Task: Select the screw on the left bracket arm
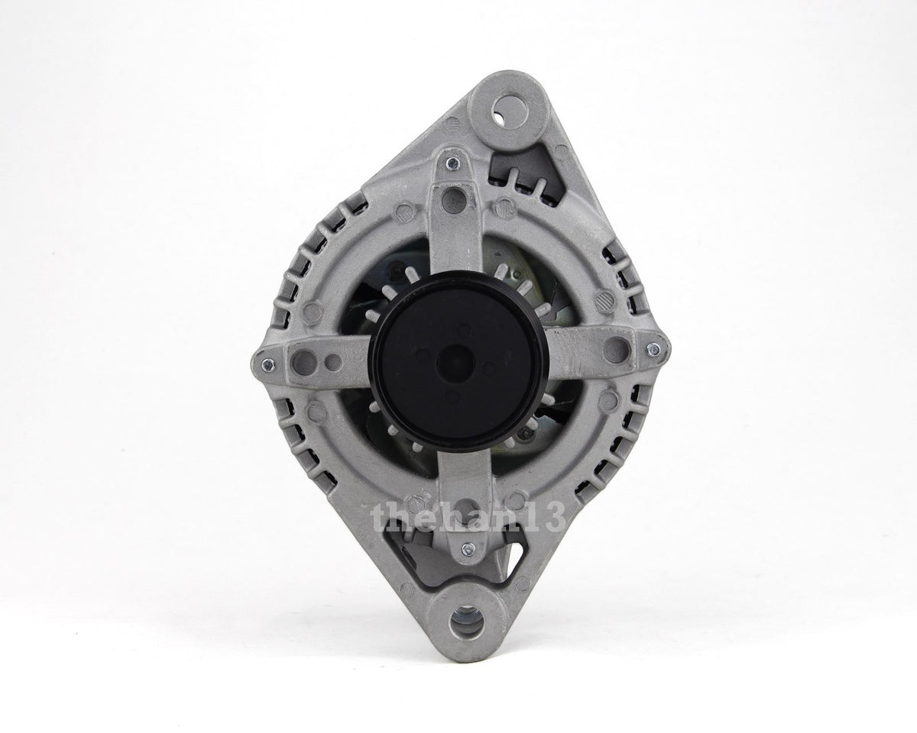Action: [267, 363]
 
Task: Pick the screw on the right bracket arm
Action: [653, 349]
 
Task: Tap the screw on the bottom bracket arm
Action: [468, 548]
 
